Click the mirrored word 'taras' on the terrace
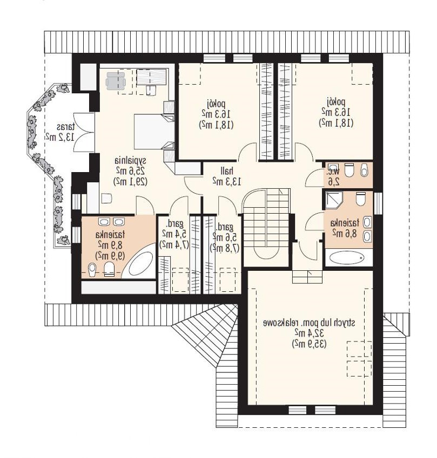pos(65,127)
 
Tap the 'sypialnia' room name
pos(130,161)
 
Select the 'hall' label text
pos(227,171)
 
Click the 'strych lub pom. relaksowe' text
pos(309,323)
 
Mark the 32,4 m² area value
pos(309,333)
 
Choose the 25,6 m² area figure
pos(130,171)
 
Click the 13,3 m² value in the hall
pos(227,181)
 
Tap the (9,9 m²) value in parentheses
pos(110,256)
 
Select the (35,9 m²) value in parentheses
pos(309,344)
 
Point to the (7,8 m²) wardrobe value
pos(225,248)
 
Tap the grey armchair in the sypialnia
pos(116,80)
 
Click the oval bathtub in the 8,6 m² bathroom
pos(347,258)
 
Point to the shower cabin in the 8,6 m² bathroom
pos(334,200)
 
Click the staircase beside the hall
pos(266,228)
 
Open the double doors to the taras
pos(84,132)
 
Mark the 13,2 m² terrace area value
pos(60,137)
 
